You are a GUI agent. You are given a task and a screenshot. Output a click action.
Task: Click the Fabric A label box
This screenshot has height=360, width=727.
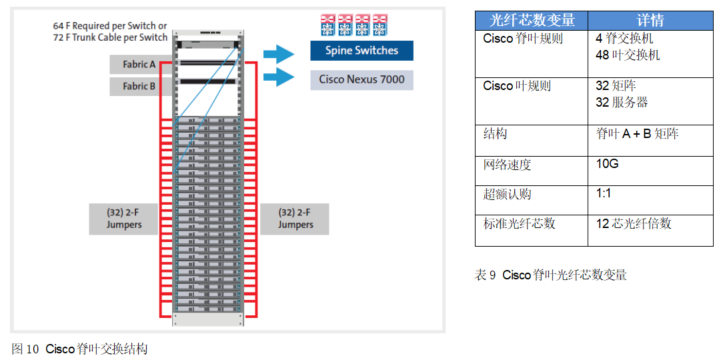click(x=139, y=65)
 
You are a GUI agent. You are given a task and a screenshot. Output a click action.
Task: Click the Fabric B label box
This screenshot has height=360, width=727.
click(x=139, y=86)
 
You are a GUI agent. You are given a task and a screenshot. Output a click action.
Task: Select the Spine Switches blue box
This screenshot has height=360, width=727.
click(x=361, y=51)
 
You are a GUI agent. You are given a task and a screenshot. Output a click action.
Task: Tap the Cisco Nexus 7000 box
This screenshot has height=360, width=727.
click(x=361, y=79)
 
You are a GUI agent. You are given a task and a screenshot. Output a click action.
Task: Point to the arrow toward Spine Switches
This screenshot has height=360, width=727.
click(x=278, y=53)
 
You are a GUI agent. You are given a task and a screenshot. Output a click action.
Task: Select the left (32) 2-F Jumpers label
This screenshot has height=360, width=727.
click(x=123, y=219)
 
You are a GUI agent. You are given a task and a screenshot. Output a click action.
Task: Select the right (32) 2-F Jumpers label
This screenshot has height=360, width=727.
click(x=295, y=219)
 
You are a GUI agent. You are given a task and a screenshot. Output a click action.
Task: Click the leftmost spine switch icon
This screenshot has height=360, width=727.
click(x=327, y=25)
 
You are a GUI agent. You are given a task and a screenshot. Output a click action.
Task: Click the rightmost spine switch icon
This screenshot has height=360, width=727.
click(x=380, y=25)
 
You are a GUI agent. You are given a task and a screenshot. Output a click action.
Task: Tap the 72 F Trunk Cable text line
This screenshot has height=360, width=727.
click(x=110, y=37)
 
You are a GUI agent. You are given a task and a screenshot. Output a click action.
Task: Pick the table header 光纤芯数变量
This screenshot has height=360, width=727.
click(x=532, y=21)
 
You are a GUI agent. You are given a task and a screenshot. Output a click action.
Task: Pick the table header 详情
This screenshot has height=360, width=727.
click(x=650, y=21)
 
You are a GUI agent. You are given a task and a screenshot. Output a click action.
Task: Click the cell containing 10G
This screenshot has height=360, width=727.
click(x=607, y=163)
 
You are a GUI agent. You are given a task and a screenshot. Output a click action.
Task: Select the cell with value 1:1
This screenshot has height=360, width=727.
click(x=603, y=193)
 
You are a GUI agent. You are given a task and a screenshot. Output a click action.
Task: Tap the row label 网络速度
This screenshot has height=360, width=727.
click(x=507, y=164)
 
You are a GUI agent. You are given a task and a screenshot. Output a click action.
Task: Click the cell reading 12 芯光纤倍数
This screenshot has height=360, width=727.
click(x=633, y=223)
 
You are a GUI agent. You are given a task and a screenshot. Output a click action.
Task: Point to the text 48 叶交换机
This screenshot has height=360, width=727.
click(x=628, y=55)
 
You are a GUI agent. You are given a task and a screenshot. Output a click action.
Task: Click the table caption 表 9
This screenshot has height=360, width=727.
click(x=550, y=275)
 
